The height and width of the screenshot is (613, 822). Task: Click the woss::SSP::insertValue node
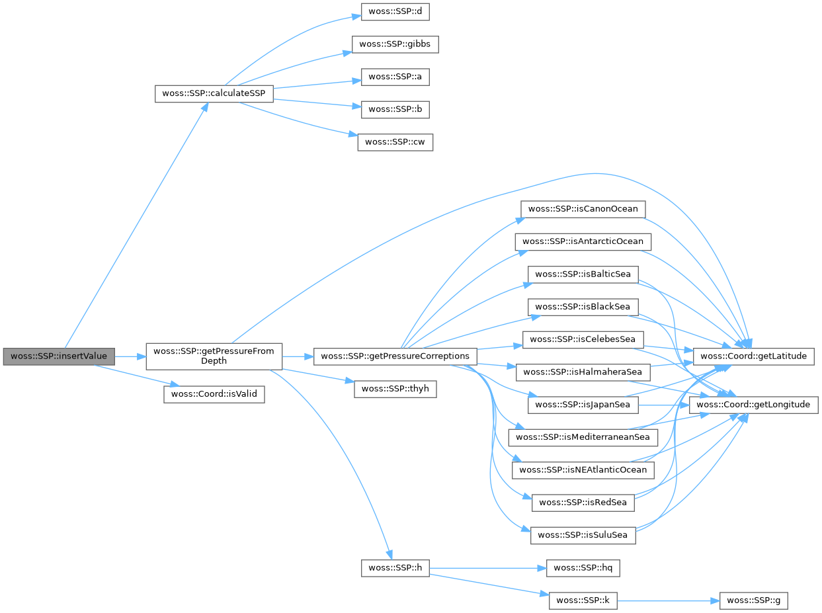point(58,356)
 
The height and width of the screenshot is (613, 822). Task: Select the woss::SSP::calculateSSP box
point(214,93)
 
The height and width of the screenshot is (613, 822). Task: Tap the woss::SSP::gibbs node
point(395,45)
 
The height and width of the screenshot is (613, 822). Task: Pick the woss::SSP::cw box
point(395,142)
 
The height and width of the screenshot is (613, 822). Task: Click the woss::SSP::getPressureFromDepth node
point(214,356)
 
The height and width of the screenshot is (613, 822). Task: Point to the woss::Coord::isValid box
point(214,395)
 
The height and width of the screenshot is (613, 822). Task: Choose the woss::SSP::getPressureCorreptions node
point(395,356)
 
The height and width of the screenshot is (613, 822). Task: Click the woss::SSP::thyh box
point(395,389)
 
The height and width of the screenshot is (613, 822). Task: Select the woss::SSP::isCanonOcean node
point(582,209)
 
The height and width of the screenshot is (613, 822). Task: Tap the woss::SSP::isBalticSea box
point(582,274)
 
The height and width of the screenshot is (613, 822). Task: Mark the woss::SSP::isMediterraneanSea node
point(582,437)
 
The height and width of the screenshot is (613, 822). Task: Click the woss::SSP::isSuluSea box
point(582,534)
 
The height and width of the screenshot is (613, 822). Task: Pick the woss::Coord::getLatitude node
point(753,356)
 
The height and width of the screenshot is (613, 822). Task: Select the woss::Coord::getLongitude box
point(753,405)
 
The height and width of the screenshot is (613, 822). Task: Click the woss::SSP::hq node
point(582,567)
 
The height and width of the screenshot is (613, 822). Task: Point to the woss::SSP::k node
point(582,600)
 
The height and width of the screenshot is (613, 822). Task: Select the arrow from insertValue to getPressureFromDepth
point(130,356)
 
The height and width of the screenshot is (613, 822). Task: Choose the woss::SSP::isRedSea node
point(582,502)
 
